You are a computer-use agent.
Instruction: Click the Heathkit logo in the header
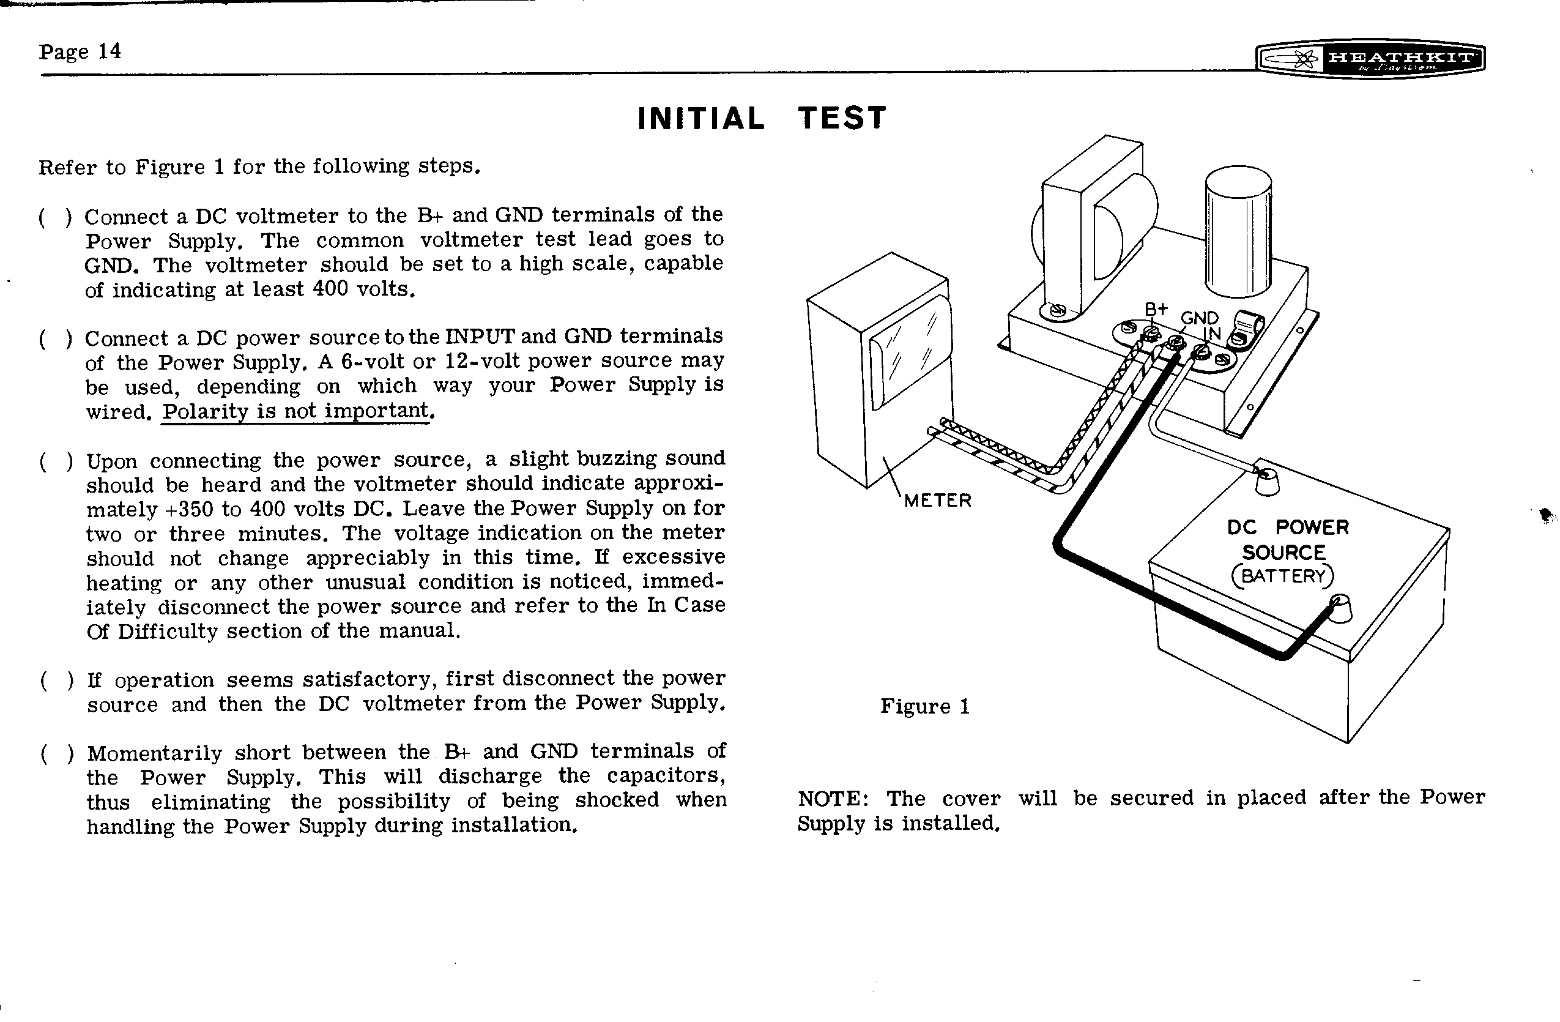pos(1369,59)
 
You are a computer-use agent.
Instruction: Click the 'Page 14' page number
pos(80,51)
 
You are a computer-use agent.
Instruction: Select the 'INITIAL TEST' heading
pos(762,119)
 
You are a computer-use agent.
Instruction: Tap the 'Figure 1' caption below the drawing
pos(924,706)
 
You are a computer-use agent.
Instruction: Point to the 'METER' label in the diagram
pos(937,501)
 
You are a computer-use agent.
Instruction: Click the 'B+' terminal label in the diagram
pos(1156,310)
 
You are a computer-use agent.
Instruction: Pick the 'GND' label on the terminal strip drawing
pos(1200,319)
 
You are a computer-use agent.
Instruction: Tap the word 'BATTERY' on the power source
pos(1283,576)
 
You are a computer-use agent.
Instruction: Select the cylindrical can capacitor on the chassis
pos(1238,233)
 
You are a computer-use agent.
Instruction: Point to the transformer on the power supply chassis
pos(1093,223)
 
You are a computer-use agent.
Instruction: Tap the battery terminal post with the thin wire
pos(1266,483)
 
